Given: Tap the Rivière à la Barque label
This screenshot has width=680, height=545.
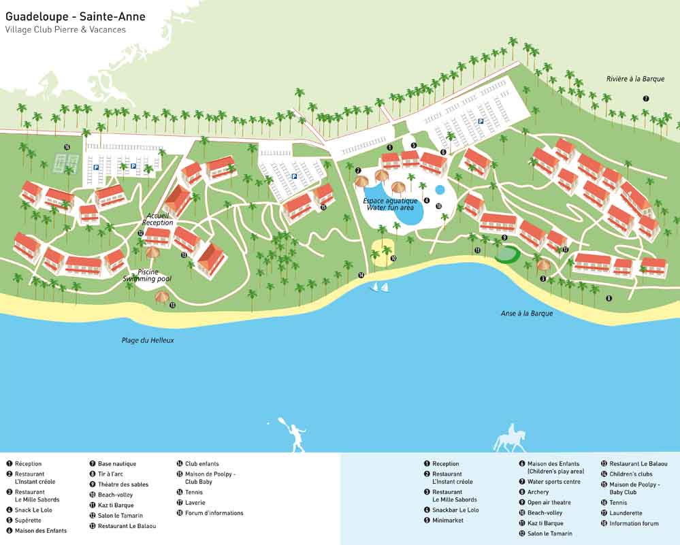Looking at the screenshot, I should [x=635, y=79].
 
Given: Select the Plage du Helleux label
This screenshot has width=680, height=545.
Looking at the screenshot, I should [x=148, y=340].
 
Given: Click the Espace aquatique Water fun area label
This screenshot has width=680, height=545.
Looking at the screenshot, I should [x=390, y=204].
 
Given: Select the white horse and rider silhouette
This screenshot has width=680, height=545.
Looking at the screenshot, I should [x=510, y=437].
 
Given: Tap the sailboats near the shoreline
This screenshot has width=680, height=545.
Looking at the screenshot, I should [x=379, y=288].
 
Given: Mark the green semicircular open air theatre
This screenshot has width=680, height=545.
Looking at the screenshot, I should [x=506, y=254].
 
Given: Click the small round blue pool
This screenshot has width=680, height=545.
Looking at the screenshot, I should [x=440, y=190].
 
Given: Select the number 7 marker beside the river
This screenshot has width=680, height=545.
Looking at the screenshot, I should [x=646, y=99].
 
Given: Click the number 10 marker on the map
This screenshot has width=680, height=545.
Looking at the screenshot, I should [x=393, y=259].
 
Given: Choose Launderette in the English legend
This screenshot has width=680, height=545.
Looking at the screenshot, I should [x=626, y=514].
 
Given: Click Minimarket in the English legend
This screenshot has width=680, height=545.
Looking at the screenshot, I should [x=447, y=521].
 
